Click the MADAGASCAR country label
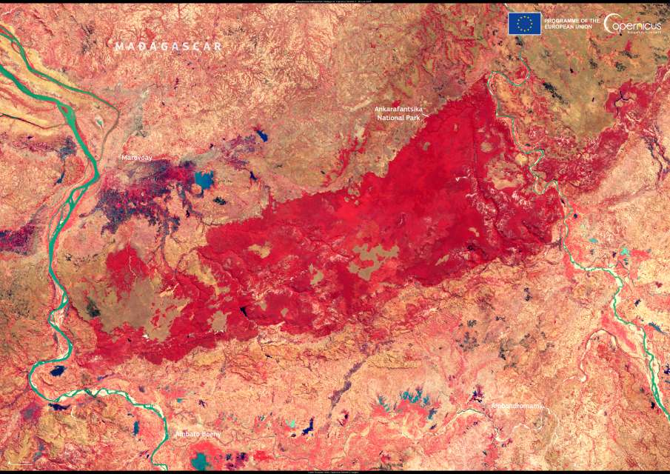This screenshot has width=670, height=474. point(169,46)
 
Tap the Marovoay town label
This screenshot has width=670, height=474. point(137,158)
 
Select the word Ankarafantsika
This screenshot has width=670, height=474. point(403,109)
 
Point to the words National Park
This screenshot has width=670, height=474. point(403,117)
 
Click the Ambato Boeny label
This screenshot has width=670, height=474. point(198,434)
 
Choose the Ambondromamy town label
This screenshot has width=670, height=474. point(517,406)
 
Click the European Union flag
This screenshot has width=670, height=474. point(524,24)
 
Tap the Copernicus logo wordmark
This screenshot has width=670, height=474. point(635,24)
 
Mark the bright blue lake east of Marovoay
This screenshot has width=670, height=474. point(204,178)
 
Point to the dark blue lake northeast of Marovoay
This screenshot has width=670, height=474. point(261,136)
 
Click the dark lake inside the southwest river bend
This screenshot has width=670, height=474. point(56,370)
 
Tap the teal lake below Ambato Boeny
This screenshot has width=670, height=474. point(199,461)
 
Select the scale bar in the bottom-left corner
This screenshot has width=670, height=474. point(22,464)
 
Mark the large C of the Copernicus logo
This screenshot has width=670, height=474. point(612,24)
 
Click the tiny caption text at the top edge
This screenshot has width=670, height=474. point(335,2)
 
